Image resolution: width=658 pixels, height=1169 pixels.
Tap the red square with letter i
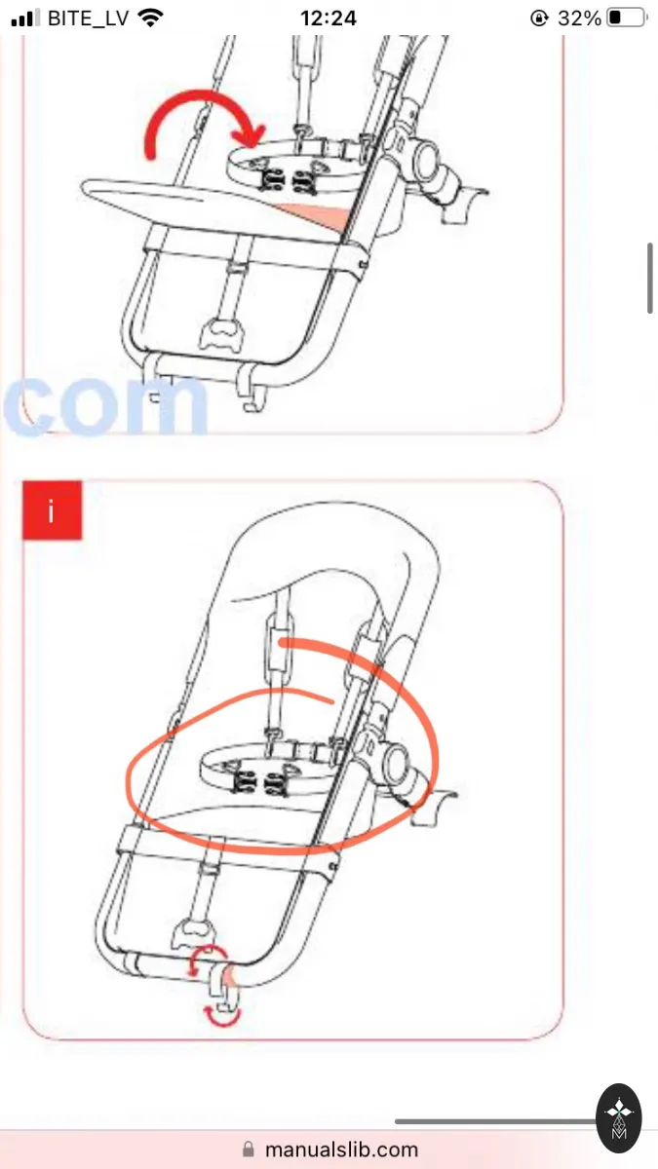click(52, 509)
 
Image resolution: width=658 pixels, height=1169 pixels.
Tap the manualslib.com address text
click(341, 1150)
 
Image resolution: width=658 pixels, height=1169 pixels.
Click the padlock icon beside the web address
click(249, 1150)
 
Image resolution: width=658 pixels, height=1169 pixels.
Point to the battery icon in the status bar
click(627, 18)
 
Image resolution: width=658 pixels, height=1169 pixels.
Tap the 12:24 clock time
click(329, 19)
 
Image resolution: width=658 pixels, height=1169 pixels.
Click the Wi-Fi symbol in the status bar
click(150, 18)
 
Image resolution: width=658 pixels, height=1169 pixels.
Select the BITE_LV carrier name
click(89, 19)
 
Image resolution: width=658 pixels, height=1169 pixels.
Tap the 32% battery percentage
click(579, 19)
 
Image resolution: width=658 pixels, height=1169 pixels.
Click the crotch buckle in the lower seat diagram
click(194, 933)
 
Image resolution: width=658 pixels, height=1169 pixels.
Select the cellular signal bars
click(25, 19)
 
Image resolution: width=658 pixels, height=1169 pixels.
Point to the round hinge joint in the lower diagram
click(395, 765)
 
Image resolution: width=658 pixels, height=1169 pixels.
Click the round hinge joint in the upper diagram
click(426, 160)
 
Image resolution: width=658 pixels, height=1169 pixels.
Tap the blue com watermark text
click(105, 405)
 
